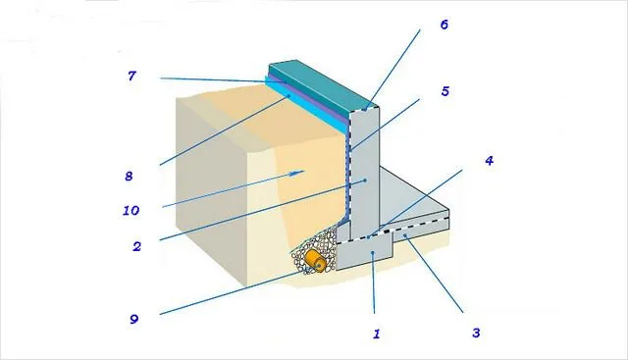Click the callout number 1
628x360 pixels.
[x=376, y=334]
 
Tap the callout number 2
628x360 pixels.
[x=137, y=246]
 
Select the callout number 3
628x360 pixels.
[x=476, y=333]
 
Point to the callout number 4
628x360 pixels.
[x=489, y=161]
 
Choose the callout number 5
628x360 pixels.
[x=445, y=91]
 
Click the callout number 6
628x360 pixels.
[x=445, y=25]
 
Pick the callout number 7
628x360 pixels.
[x=131, y=76]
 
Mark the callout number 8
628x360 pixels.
[x=129, y=176]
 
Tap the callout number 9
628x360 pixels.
[x=134, y=319]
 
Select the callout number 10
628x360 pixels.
[x=131, y=210]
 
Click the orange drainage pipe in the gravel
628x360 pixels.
[x=315, y=261]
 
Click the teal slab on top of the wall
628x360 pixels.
[x=323, y=85]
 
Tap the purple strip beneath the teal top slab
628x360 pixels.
[x=308, y=96]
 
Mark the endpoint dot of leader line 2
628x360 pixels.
[x=365, y=180]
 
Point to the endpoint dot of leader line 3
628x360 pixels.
[x=405, y=235]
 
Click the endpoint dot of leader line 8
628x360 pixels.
[x=288, y=96]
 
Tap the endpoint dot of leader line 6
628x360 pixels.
[x=366, y=109]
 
